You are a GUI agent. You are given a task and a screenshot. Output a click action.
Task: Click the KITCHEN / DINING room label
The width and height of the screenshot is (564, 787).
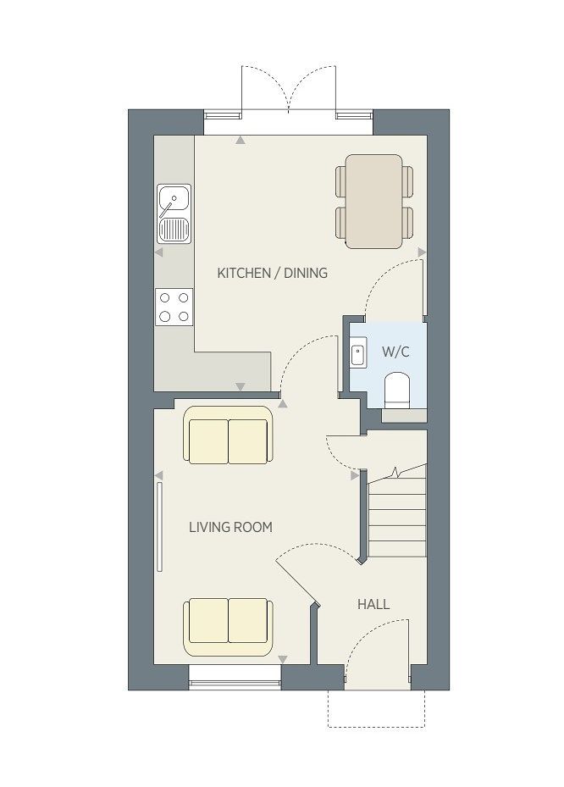pos(272,273)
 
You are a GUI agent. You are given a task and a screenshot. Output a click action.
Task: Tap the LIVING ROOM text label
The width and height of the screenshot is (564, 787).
pos(231,527)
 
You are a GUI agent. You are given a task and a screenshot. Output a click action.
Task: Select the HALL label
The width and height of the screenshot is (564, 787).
pos(373,604)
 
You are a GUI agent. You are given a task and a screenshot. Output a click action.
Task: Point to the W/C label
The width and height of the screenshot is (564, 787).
pos(395,352)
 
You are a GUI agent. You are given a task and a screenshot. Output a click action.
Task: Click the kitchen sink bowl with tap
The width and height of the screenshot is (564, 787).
pos(174,200)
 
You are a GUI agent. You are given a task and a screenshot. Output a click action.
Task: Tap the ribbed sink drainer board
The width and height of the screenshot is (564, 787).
pos(174,229)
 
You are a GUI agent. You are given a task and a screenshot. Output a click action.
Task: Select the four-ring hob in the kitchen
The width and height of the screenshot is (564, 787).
pos(174,307)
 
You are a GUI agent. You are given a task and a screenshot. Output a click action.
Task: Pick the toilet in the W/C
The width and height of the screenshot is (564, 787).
pos(397,390)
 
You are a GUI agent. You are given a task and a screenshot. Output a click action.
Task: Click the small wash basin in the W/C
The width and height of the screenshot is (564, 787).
pos(357,355)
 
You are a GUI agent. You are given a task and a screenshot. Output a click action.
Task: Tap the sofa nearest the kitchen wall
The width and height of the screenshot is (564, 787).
pos(229,435)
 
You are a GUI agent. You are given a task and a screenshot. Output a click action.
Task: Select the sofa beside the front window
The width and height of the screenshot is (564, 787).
pos(229,627)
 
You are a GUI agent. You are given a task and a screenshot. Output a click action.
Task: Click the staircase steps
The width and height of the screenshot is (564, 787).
pos(397,517)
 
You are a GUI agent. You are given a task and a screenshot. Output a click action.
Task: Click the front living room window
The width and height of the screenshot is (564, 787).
pos(235,678)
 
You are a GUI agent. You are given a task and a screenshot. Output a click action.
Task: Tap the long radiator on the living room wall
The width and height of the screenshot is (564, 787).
pos(159,527)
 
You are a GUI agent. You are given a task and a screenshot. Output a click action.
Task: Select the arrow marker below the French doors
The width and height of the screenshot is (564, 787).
pos(241,141)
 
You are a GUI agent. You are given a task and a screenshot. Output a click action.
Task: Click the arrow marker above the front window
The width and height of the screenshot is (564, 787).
pos(283,660)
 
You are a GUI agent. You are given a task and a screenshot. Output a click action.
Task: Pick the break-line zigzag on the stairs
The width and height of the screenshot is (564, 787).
pos(396,473)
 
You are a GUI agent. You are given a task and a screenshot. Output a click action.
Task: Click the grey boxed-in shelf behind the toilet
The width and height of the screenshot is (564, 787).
pos(404,415)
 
